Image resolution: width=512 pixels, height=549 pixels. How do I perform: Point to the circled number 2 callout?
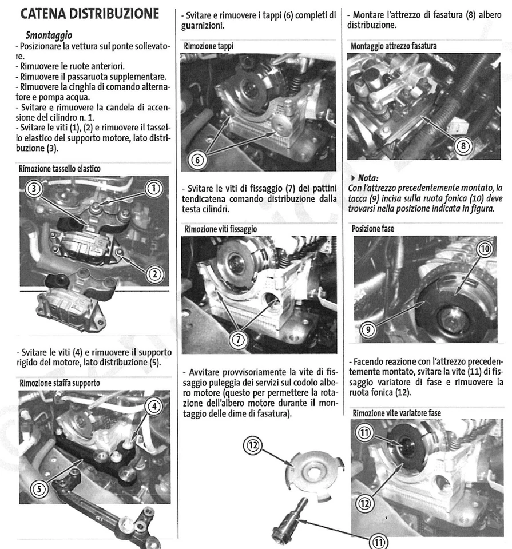click(154, 274)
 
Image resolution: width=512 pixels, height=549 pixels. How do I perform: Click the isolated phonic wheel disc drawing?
click(313, 470)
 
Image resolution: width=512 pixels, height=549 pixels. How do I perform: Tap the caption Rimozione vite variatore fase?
click(404, 413)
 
